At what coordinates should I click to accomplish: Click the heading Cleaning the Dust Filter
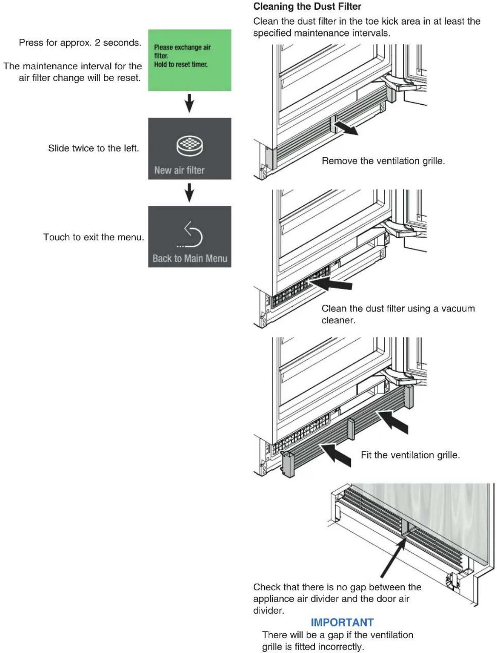coord(307,7)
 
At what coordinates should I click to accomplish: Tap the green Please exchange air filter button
coord(190,60)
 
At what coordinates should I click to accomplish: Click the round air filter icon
coord(190,146)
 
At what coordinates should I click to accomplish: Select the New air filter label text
coord(179,170)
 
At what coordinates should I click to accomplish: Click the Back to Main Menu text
coord(190,258)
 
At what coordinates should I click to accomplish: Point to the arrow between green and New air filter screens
coord(189,103)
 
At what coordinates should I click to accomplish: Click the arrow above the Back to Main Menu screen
coord(189,192)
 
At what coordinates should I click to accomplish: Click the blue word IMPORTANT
coord(342,622)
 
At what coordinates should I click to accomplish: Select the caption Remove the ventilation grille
coord(383,161)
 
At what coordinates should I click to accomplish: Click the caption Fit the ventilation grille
coord(410,455)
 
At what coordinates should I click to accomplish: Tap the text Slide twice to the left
coord(93,148)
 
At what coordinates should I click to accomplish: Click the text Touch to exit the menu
coord(93,237)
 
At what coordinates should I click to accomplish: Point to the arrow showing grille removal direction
coord(346,128)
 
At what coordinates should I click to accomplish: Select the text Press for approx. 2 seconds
coord(80,43)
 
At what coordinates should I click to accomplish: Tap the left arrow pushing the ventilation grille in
coord(335,455)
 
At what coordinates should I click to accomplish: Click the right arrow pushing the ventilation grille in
coord(392,422)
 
